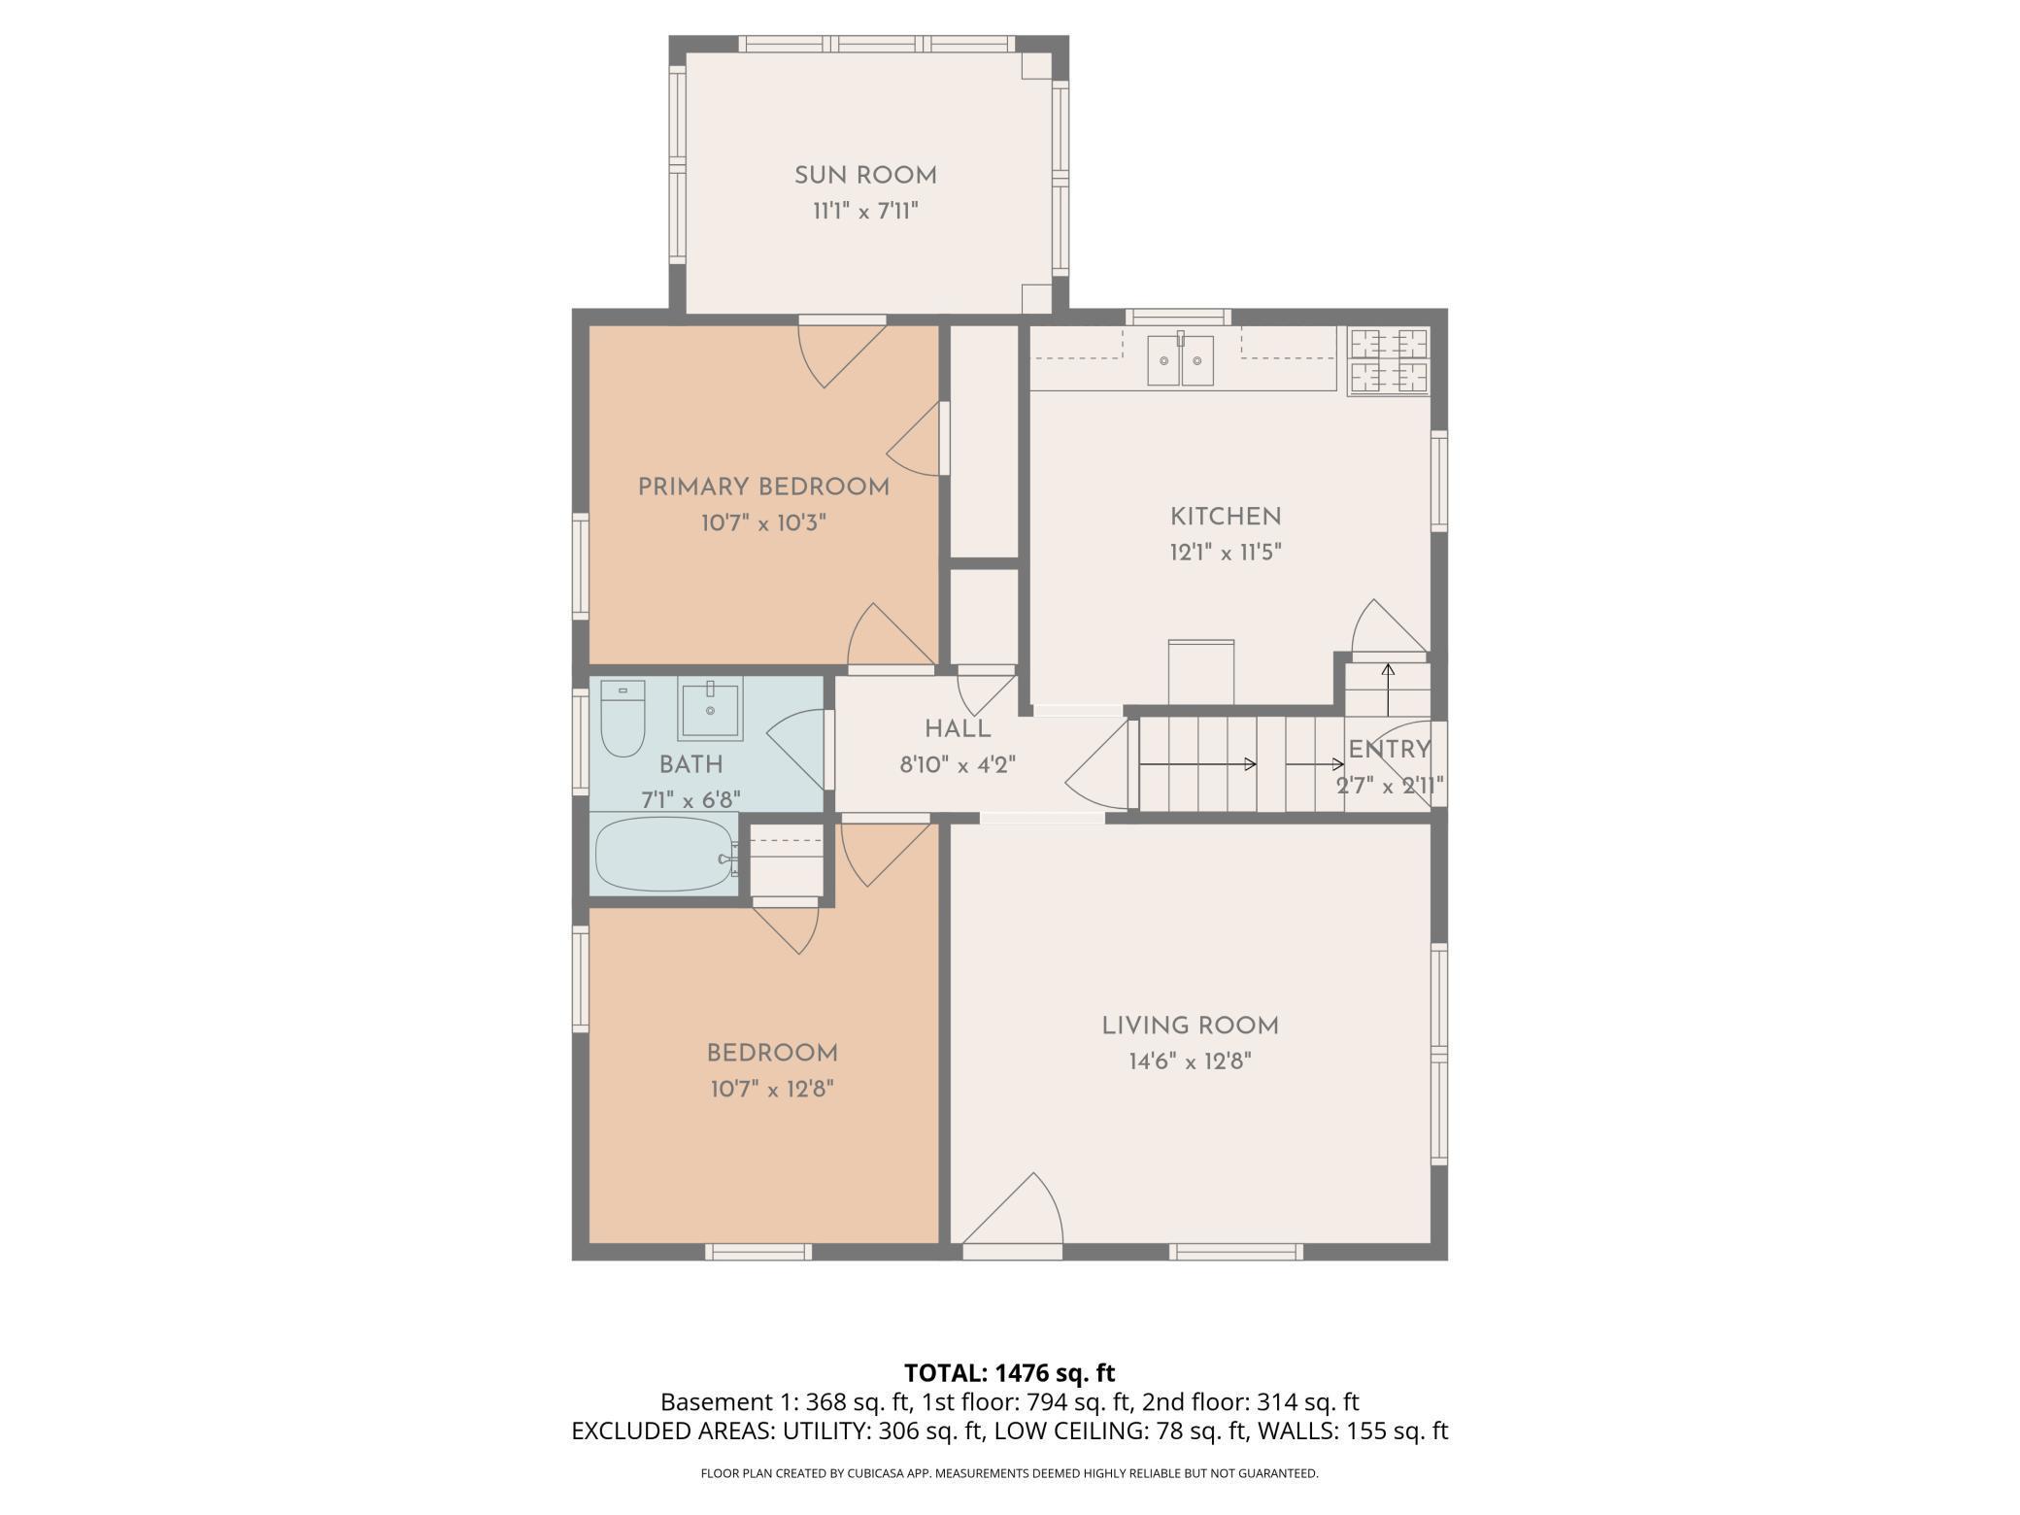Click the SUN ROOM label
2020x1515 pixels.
click(865, 176)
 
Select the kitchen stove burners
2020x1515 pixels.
click(1389, 361)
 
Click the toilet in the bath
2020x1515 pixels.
click(623, 719)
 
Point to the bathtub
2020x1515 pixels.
click(664, 855)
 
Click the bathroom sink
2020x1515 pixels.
click(710, 708)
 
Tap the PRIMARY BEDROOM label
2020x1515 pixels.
click(763, 488)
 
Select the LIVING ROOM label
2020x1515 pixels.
click(1190, 1026)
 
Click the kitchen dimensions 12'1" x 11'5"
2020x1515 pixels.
click(1226, 553)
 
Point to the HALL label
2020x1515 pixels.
click(958, 729)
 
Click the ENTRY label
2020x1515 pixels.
click(1390, 749)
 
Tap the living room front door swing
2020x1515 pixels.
click(1013, 1210)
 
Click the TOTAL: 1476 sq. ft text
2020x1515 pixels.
click(1010, 1373)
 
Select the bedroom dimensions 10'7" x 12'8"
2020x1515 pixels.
click(772, 1089)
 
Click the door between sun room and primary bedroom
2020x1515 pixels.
click(842, 353)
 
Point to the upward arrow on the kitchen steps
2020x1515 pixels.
click(1388, 689)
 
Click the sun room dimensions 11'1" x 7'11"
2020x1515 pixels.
click(865, 211)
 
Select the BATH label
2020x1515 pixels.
click(690, 764)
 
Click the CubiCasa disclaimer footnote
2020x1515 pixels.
click(1010, 1473)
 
